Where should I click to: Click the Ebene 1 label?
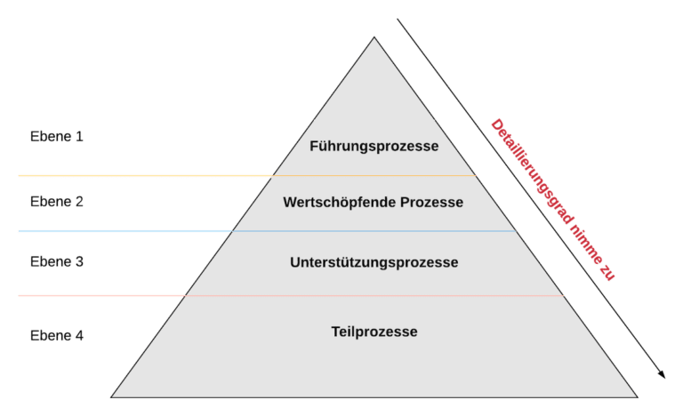pos(57,137)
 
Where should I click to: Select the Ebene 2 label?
pos(57,201)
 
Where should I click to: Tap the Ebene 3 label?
pos(57,261)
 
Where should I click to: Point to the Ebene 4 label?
pos(57,335)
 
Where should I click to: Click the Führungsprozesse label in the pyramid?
pos(374,146)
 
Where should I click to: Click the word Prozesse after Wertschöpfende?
pos(430,203)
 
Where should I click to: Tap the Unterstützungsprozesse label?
pos(374,262)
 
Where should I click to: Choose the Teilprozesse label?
pos(374,332)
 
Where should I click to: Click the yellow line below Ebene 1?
pos(142,175)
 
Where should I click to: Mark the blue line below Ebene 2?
pos(125,231)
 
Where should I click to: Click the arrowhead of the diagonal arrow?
pos(662,375)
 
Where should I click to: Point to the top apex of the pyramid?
pos(374,36)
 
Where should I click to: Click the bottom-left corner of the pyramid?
pos(112,396)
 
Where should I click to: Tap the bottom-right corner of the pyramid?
pos(637,396)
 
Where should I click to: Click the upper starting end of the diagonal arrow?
pos(398,20)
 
